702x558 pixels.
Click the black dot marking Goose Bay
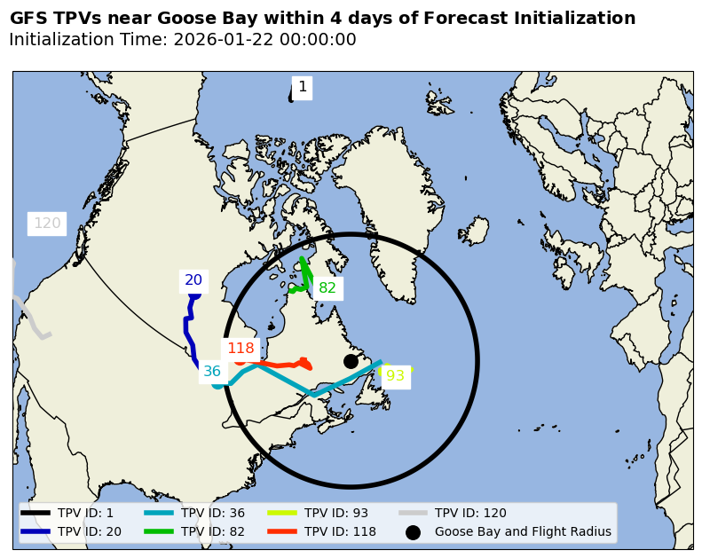(x=351, y=361)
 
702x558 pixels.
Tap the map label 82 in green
(x=327, y=288)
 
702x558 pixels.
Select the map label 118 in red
(x=241, y=349)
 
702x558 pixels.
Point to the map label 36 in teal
(x=212, y=372)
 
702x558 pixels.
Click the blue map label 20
(x=193, y=280)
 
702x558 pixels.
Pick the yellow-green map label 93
(x=395, y=376)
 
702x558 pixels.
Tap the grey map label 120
(x=47, y=224)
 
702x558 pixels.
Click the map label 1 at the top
(x=303, y=87)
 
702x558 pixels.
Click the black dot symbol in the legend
(x=413, y=532)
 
